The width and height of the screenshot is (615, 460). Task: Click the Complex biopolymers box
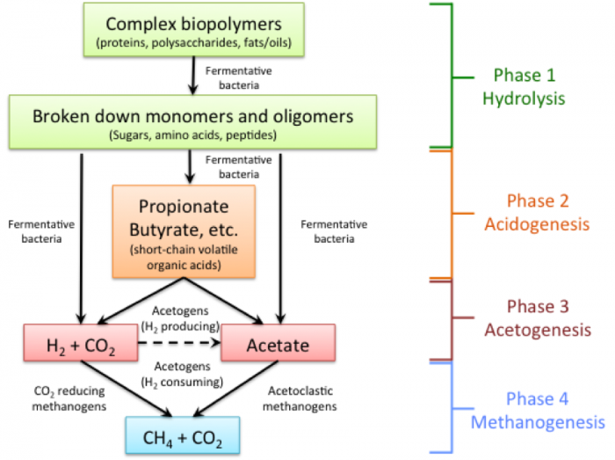194,30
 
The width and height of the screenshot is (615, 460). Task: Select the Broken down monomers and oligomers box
192,123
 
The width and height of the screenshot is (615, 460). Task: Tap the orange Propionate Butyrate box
184,231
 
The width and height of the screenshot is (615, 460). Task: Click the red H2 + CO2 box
82,345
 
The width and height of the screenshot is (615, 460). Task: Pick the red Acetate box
278,345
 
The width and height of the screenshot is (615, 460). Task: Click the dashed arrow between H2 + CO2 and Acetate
180,345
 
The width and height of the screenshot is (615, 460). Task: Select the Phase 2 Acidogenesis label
536,212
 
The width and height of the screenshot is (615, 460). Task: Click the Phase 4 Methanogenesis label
538,411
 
